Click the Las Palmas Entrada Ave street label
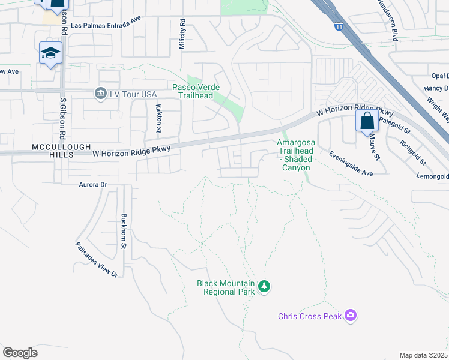pyautogui.click(x=106, y=26)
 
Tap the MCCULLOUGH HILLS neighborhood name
pyautogui.click(x=36, y=150)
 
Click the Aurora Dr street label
pyautogui.click(x=92, y=185)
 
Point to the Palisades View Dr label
pyautogui.click(x=97, y=259)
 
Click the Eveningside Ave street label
pyautogui.click(x=351, y=163)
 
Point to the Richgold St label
pyautogui.click(x=413, y=153)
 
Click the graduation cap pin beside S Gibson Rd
pyautogui.click(x=51, y=54)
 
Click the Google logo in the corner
pyautogui.click(x=20, y=353)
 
